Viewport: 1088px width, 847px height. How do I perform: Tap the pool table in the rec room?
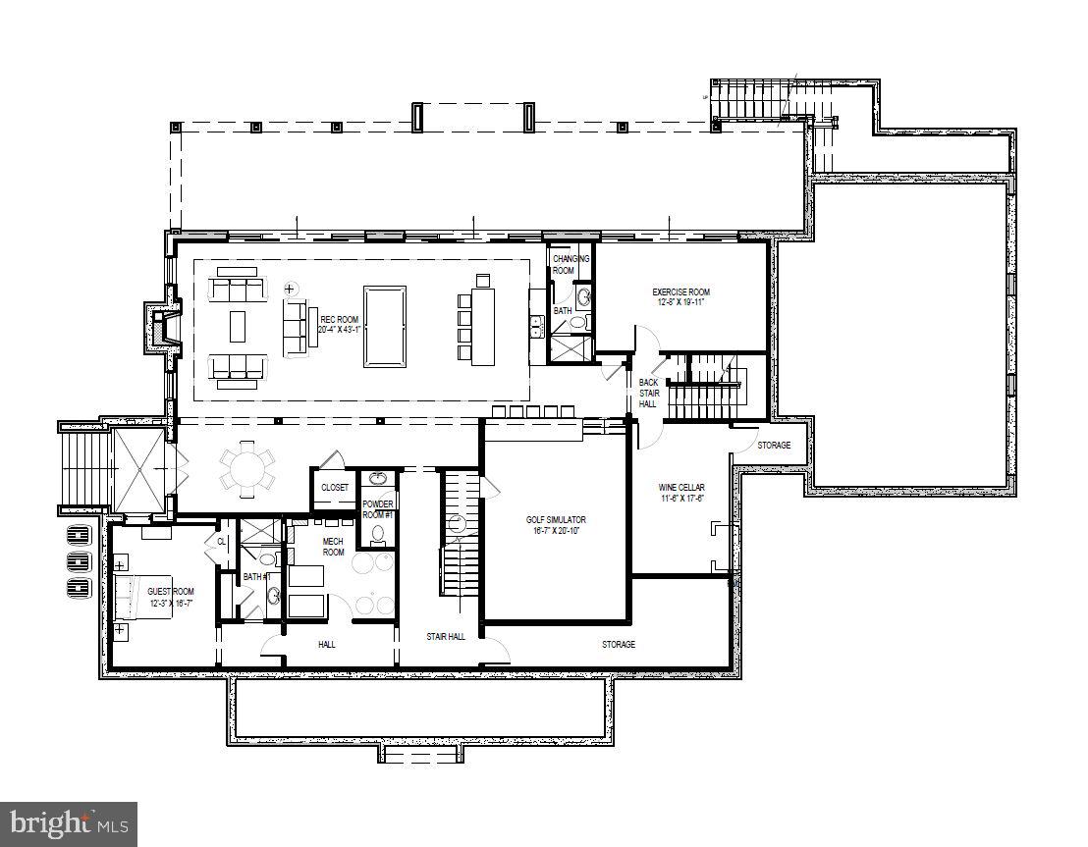click(384, 326)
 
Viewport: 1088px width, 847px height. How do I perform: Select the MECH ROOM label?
click(334, 546)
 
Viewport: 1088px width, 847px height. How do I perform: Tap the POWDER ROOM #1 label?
click(377, 509)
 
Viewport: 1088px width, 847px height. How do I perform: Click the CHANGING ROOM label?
click(571, 264)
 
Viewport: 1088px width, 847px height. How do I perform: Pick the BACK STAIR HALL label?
click(648, 393)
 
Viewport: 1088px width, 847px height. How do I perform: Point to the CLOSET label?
click(334, 487)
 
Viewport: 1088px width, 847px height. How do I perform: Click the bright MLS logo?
click(69, 822)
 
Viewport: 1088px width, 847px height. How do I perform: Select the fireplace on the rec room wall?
click(159, 326)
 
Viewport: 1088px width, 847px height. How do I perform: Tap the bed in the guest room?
click(133, 596)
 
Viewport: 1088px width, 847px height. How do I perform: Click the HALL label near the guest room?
click(327, 645)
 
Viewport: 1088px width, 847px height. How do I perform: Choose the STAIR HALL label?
click(446, 637)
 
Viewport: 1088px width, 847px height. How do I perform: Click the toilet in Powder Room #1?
click(378, 535)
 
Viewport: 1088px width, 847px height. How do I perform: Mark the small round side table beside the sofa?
click(290, 289)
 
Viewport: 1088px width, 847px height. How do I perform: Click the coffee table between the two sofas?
click(239, 326)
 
